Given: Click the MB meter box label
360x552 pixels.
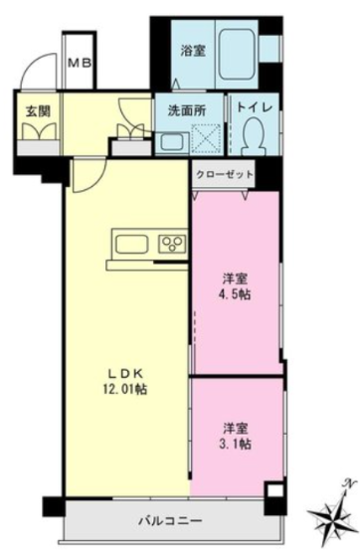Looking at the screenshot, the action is [80, 64].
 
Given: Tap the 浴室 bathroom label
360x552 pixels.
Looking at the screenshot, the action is [193, 51].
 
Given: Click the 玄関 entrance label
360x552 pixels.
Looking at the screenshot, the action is [38, 111].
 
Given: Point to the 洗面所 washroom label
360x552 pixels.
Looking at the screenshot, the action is [187, 110].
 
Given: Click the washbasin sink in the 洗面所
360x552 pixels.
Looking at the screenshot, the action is [171, 142].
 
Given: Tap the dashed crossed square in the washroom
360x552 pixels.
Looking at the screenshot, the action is [206, 138].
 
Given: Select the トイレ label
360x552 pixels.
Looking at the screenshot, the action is [254, 107].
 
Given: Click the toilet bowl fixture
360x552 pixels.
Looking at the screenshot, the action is [254, 135].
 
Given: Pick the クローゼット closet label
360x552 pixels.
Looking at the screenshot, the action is [224, 174].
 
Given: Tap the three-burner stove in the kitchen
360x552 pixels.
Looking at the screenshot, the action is [172, 244].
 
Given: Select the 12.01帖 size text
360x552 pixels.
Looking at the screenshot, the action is [125, 389].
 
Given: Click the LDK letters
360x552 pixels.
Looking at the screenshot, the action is [124, 372].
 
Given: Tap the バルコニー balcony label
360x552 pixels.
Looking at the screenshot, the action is [170, 520].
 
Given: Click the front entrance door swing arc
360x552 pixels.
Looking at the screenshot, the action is [35, 67].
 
